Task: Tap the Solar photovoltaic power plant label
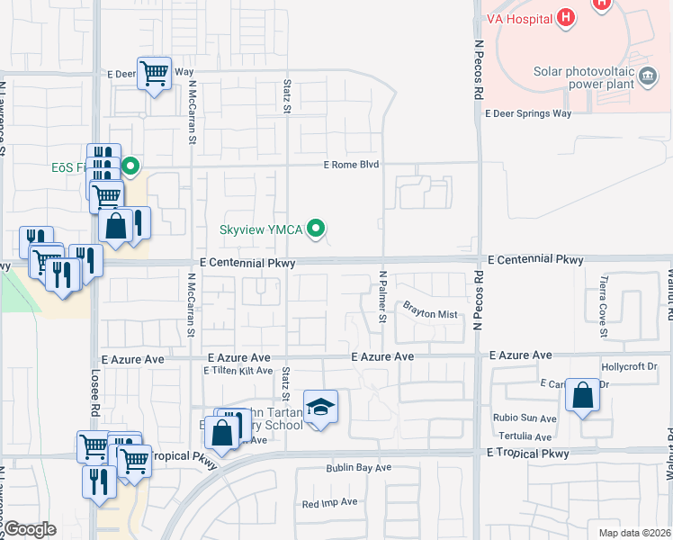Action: (x=584, y=78)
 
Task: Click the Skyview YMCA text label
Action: (x=262, y=229)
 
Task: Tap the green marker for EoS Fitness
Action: (x=131, y=166)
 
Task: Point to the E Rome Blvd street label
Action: (x=352, y=165)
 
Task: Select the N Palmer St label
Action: (x=382, y=296)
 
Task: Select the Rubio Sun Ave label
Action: (x=525, y=418)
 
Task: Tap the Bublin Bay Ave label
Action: (x=357, y=468)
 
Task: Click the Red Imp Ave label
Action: (x=330, y=502)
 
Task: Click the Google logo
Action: (x=30, y=529)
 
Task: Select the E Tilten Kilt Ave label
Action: (x=238, y=371)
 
